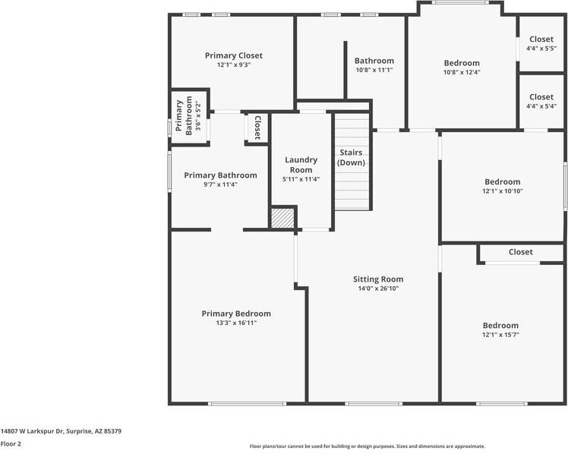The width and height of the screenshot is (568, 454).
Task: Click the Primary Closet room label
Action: click(x=234, y=55)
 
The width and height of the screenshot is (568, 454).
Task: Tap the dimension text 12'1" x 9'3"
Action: click(x=234, y=65)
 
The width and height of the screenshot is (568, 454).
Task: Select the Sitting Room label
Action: click(x=378, y=279)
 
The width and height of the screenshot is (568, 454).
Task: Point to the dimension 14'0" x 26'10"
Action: click(x=378, y=288)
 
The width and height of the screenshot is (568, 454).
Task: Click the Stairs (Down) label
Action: click(x=351, y=158)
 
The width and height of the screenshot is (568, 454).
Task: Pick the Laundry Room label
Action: click(x=301, y=165)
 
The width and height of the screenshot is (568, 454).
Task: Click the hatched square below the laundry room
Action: click(x=282, y=217)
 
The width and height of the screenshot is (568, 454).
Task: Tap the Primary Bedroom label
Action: click(x=235, y=314)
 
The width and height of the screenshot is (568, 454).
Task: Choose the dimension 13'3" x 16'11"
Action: click(x=235, y=323)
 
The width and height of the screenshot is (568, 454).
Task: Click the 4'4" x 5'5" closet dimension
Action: click(x=541, y=49)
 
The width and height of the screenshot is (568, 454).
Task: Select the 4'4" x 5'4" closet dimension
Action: click(x=541, y=106)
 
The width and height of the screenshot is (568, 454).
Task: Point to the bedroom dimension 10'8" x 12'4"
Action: click(x=462, y=73)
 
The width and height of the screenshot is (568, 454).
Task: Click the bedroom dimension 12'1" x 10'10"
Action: click(x=503, y=191)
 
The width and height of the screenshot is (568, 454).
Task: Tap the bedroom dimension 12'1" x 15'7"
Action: click(x=500, y=335)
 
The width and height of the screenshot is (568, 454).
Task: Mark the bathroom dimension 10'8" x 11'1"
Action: click(x=374, y=70)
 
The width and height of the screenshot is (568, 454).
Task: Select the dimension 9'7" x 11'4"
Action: click(x=220, y=184)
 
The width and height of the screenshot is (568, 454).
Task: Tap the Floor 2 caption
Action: click(x=11, y=443)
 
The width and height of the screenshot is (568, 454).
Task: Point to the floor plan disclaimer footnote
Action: click(x=367, y=446)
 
